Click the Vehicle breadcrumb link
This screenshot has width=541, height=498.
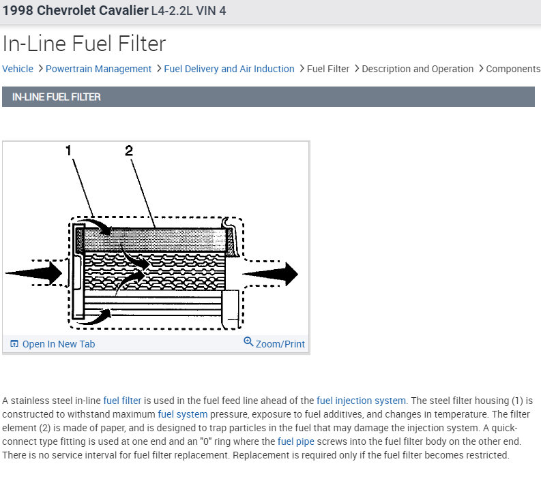point(18,69)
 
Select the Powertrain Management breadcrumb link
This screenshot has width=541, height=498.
point(98,69)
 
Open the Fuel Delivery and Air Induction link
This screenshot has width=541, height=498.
point(229,69)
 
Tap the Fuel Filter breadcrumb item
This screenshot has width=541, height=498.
point(328,69)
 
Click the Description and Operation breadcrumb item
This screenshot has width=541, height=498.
point(418,69)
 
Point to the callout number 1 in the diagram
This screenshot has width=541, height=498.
point(69,150)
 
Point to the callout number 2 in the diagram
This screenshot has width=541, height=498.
point(128,150)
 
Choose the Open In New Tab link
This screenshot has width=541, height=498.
point(59,344)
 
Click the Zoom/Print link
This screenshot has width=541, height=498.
point(280,344)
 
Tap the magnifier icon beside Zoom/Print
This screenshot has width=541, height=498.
point(248,342)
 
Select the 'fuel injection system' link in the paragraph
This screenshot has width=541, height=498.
point(361,401)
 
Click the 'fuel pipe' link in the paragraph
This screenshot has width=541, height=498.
point(296,441)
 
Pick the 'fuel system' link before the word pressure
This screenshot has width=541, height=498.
point(183,414)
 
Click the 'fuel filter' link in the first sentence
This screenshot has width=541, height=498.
point(123,401)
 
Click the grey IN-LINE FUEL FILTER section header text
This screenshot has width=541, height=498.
point(57,97)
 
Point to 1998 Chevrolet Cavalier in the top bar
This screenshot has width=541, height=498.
point(75,11)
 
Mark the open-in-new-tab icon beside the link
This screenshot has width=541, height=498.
point(14,344)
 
